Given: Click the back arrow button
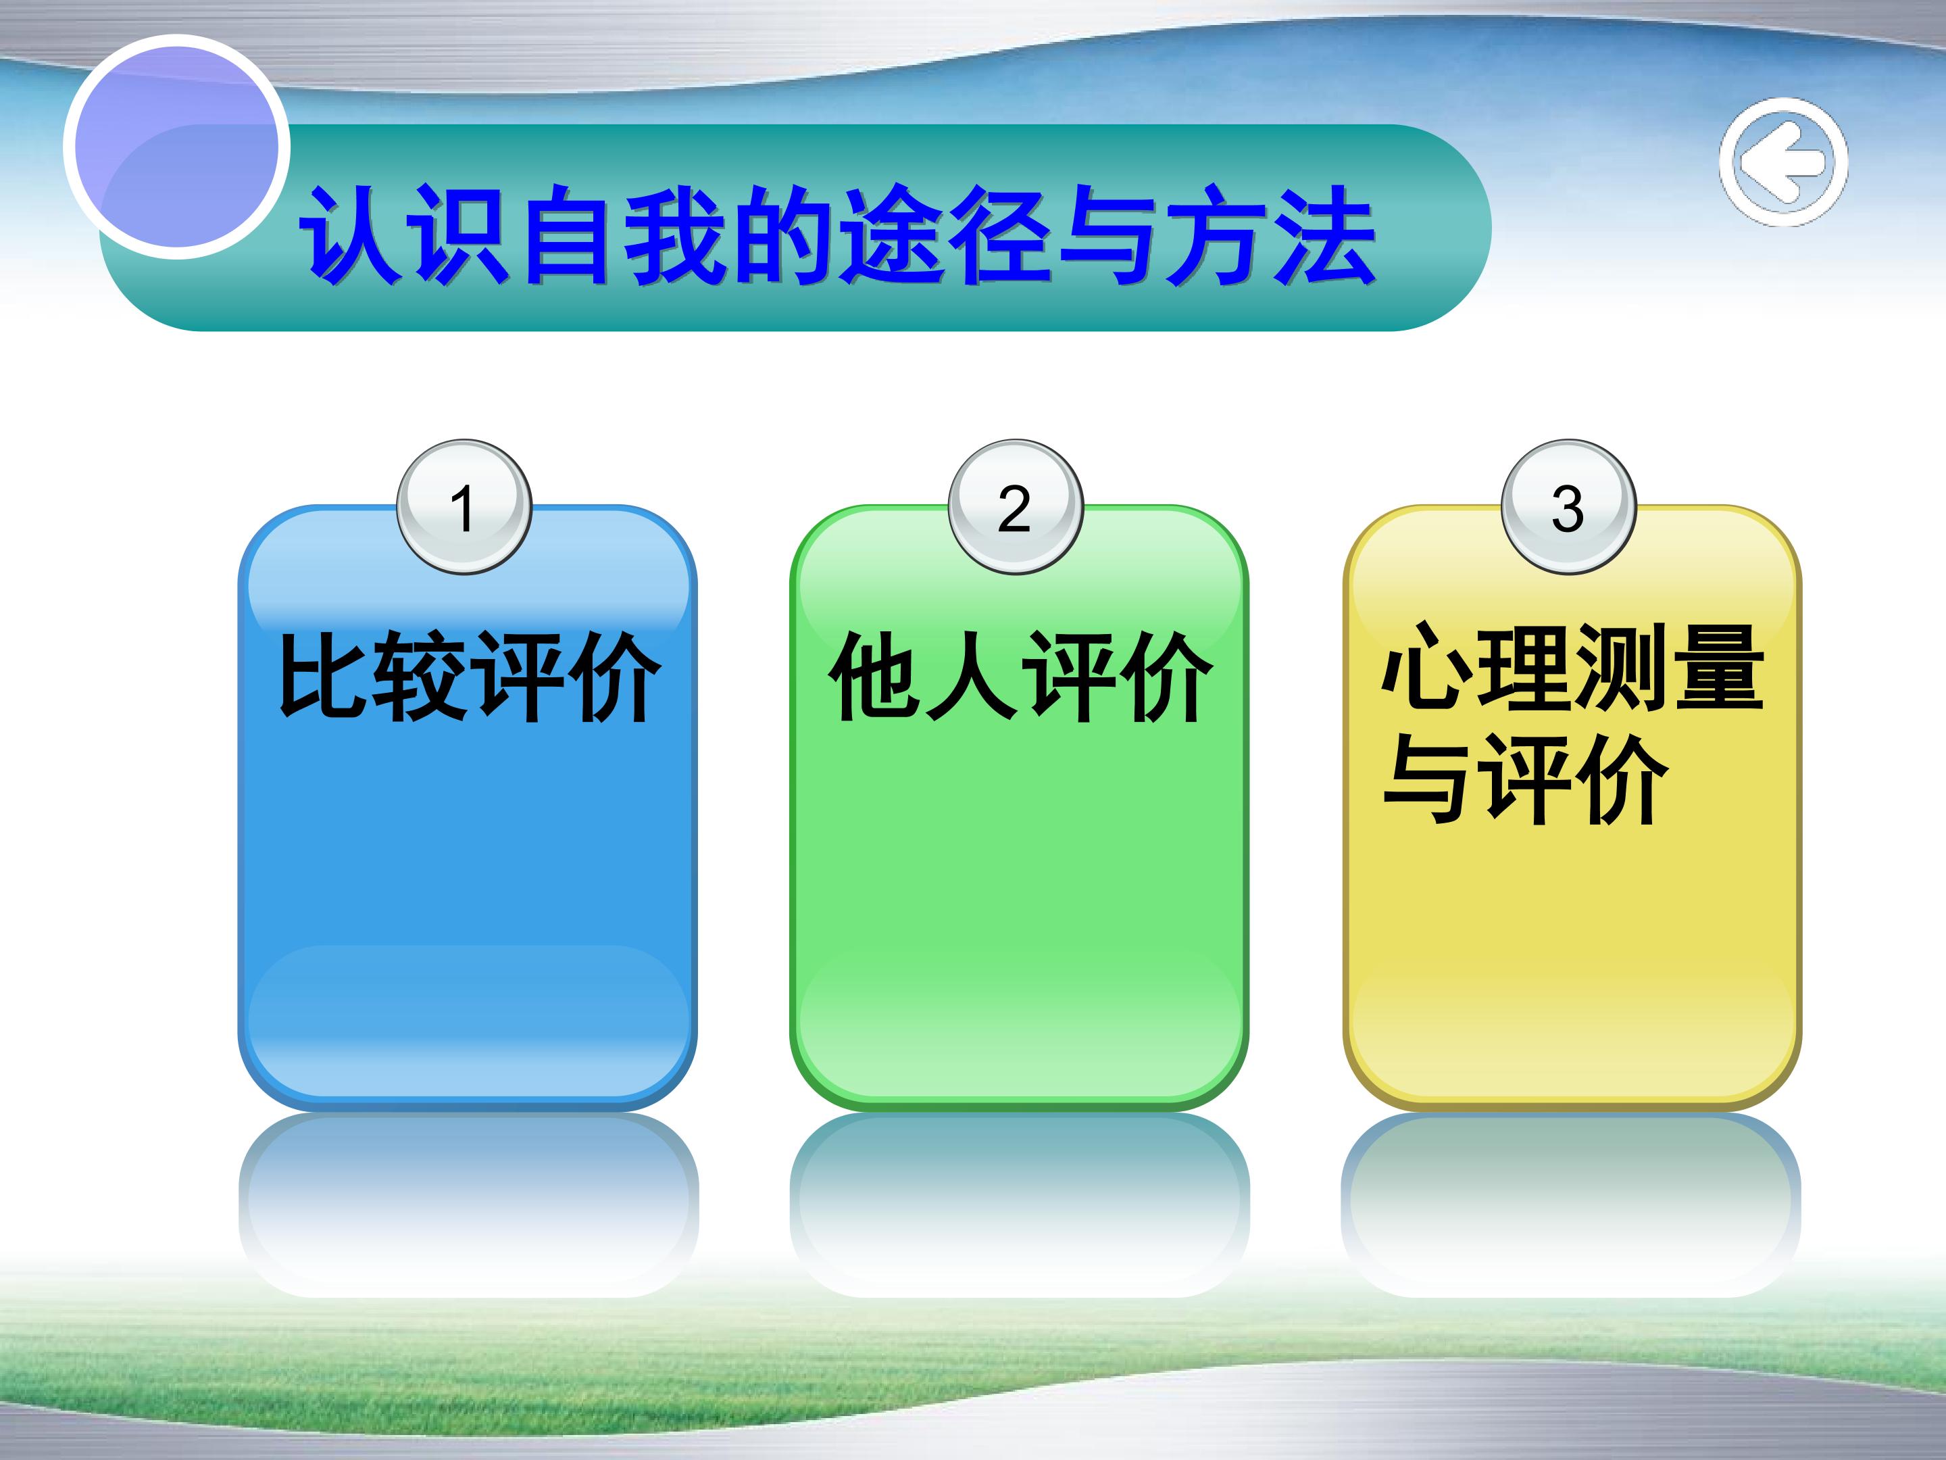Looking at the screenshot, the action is click(x=1783, y=162).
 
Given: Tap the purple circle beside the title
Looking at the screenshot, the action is click(x=177, y=147).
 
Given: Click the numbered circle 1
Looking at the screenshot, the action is click(x=464, y=507).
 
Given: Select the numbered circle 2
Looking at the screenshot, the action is click(x=1015, y=507).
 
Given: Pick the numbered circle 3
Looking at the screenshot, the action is click(x=1568, y=507).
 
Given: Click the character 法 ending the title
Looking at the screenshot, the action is click(x=1324, y=234).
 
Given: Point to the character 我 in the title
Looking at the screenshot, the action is click(x=676, y=234).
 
